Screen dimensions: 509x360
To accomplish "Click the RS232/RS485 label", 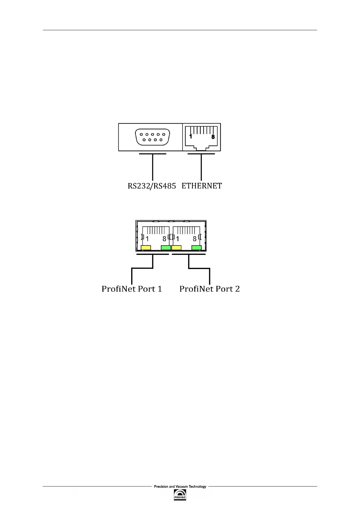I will [x=152, y=186].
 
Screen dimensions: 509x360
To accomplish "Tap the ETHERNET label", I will [x=202, y=186].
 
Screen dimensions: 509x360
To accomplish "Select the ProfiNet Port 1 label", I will [x=132, y=289].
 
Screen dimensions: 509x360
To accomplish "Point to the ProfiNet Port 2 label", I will [x=209, y=289].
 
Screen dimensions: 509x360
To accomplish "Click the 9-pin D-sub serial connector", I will [x=152, y=137].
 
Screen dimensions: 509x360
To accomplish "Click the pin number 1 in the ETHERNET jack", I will [x=191, y=137].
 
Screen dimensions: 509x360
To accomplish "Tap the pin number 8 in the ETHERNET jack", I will [x=213, y=137].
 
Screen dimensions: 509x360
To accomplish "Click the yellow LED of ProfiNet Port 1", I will [x=146, y=248].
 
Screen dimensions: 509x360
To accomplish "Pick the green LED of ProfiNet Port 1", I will [x=166, y=248].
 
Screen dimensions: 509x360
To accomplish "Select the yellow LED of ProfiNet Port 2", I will [x=177, y=248].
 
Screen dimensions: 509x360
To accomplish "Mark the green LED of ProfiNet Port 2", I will [x=196, y=248].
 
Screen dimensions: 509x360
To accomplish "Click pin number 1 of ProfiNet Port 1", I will [x=147, y=239].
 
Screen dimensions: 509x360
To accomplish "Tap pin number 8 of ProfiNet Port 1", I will [x=164, y=239].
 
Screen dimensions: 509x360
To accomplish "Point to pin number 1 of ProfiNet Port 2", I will [x=177, y=239].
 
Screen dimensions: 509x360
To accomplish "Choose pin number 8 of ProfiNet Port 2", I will [x=195, y=239].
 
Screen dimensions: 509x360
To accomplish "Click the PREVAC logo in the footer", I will [x=180, y=495].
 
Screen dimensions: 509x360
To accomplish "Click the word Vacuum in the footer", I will [x=182, y=487].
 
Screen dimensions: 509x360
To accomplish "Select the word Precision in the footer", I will [x=161, y=487].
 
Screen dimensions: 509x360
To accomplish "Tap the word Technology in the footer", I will [x=197, y=487].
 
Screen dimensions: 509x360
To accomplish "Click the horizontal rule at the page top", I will [x=180, y=30].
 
